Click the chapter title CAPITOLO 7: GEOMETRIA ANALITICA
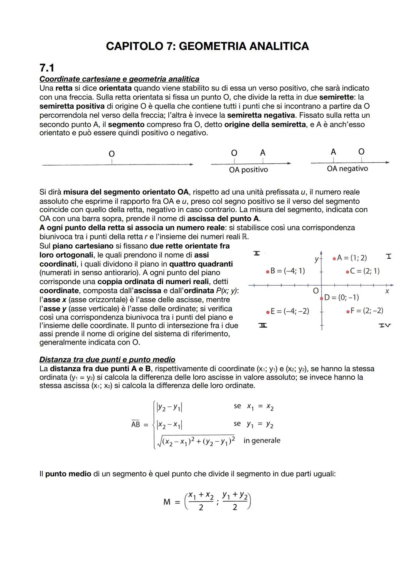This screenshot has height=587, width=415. click(x=207, y=47)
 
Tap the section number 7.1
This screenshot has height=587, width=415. click(x=47, y=68)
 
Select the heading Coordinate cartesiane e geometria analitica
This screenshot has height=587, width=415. click(x=119, y=79)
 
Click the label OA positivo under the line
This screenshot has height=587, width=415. click(x=248, y=170)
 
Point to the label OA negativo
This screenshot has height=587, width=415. click(x=347, y=169)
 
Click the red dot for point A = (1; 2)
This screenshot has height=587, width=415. click(x=334, y=258)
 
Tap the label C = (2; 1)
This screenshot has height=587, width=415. click(x=365, y=271)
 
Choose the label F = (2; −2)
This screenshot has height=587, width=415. click(x=367, y=311)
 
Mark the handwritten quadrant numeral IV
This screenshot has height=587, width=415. click(x=385, y=326)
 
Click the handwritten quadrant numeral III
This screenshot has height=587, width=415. click(x=263, y=326)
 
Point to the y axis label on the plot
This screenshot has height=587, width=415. click(x=316, y=259)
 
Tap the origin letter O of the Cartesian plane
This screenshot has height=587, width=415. click(x=316, y=291)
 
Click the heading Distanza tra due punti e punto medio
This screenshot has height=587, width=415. click(x=107, y=360)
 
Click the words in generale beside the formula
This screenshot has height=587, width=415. click(x=262, y=441)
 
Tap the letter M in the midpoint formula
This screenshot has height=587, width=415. click(x=167, y=502)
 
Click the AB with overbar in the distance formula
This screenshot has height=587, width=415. click(x=136, y=424)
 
